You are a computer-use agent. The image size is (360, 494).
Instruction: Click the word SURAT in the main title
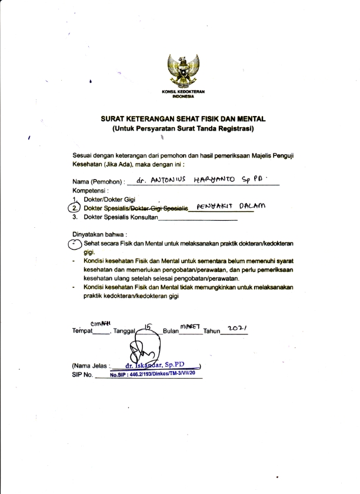tap(115, 119)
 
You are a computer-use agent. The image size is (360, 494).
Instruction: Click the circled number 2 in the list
tap(74, 208)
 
